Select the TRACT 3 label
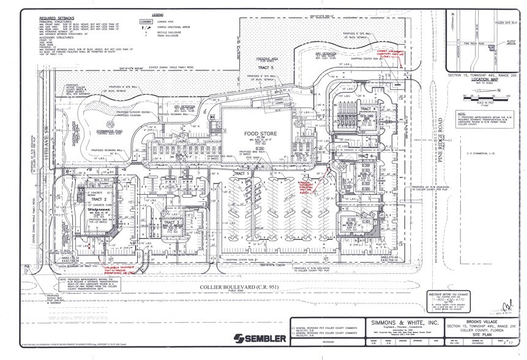tap(173, 222)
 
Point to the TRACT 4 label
tap(365, 108)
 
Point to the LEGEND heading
tap(158, 13)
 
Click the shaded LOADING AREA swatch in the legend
tap(146, 21)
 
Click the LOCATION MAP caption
tap(482, 79)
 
